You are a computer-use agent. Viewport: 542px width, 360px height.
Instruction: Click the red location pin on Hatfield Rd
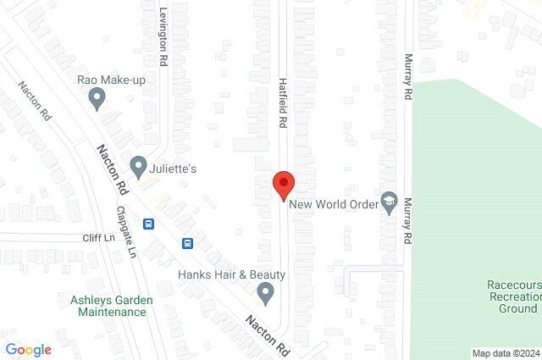tap(283, 184)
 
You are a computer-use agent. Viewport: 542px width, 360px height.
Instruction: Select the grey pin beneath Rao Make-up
tap(97, 99)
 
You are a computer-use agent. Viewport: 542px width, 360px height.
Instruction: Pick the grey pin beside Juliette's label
tap(138, 164)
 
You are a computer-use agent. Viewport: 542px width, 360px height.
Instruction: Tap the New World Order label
tap(331, 203)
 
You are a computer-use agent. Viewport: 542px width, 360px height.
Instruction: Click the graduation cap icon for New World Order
tap(389, 200)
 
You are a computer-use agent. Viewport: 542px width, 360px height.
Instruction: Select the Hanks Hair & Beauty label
tap(231, 274)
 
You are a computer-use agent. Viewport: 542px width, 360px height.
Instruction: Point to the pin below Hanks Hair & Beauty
tap(265, 294)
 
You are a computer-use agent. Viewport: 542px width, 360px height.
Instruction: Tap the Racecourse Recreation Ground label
tap(512, 297)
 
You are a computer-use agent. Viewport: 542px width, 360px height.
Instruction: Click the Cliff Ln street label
tap(98, 238)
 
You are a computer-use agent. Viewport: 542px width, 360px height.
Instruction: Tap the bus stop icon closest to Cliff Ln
tap(149, 224)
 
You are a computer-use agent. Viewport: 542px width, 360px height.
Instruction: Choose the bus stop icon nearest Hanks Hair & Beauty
tap(187, 243)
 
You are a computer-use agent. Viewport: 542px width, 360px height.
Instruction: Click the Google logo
tap(28, 350)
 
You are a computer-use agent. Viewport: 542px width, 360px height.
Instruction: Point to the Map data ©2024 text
tap(505, 353)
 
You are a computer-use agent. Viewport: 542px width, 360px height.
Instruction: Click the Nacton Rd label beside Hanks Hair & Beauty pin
tap(267, 336)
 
